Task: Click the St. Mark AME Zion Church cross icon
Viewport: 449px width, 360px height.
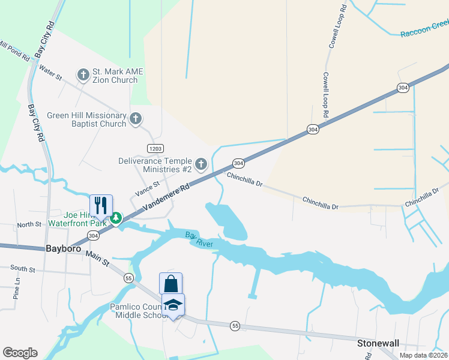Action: [83, 75]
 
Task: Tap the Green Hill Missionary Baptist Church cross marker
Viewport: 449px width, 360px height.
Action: [136, 118]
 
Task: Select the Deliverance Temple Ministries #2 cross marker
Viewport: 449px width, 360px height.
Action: [201, 163]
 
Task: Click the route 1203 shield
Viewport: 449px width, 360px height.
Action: [155, 148]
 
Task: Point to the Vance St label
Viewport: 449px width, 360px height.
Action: [147, 189]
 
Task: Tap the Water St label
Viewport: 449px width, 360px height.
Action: [50, 73]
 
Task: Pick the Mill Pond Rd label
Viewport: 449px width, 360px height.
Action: [14, 52]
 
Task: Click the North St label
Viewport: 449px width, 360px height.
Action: [29, 224]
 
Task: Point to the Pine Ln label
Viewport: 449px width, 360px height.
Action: [17, 288]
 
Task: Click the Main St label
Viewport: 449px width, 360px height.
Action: [98, 259]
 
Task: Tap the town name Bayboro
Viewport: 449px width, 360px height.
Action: [63, 248]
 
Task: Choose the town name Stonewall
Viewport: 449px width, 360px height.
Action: [378, 343]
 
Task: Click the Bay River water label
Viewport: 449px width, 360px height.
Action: [199, 238]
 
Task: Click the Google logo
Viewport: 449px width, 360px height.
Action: [20, 353]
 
